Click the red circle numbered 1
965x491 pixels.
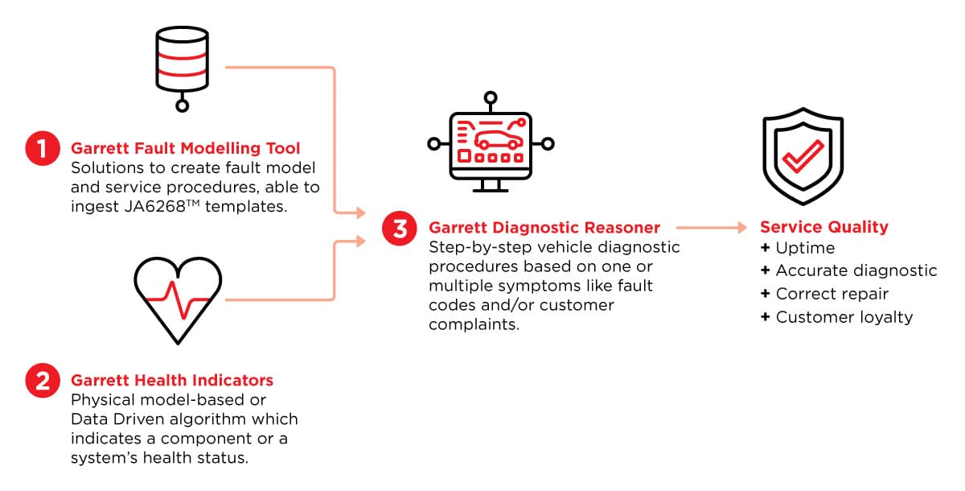pyautogui.click(x=42, y=149)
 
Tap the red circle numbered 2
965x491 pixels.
pyautogui.click(x=42, y=381)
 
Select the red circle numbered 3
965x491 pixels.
pyautogui.click(x=400, y=229)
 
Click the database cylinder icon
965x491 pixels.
pyautogui.click(x=183, y=69)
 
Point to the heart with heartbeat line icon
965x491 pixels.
pyautogui.click(x=178, y=300)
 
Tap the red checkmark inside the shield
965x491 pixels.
pyautogui.click(x=803, y=156)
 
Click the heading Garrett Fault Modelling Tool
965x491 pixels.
pyautogui.click(x=185, y=148)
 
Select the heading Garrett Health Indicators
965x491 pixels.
pyautogui.click(x=172, y=380)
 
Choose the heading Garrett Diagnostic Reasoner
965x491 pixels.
pyautogui.click(x=544, y=228)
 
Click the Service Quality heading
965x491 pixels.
pyautogui.click(x=823, y=227)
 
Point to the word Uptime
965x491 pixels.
pyautogui.click(x=805, y=248)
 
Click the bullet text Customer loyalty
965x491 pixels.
pyautogui.click(x=844, y=317)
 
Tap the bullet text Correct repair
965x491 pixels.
pyautogui.click(x=832, y=294)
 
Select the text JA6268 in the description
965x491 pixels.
pyautogui.click(x=154, y=207)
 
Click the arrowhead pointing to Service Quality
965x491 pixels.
pyautogui.click(x=741, y=227)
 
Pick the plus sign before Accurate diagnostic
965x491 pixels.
pyautogui.click(x=765, y=270)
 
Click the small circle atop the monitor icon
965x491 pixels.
pyautogui.click(x=491, y=97)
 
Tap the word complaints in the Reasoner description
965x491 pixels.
pyautogui.click(x=474, y=324)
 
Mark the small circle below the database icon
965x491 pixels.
pyautogui.click(x=183, y=105)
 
